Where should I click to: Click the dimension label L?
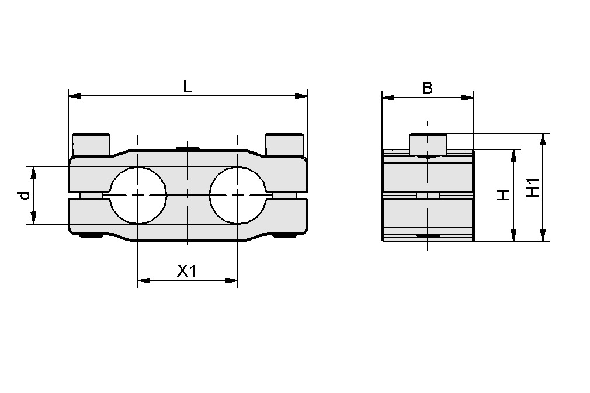[187, 87]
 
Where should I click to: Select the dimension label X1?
[186, 271]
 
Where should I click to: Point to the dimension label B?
[428, 88]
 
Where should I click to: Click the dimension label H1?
[532, 187]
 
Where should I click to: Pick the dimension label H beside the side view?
[503, 195]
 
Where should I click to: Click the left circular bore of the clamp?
[137, 195]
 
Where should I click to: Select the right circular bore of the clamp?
[238, 195]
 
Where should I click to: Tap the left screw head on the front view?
[91, 144]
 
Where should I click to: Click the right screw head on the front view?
[284, 144]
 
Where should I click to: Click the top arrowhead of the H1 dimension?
[543, 138]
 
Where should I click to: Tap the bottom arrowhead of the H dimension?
[513, 236]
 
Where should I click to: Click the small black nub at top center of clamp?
[187, 148]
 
